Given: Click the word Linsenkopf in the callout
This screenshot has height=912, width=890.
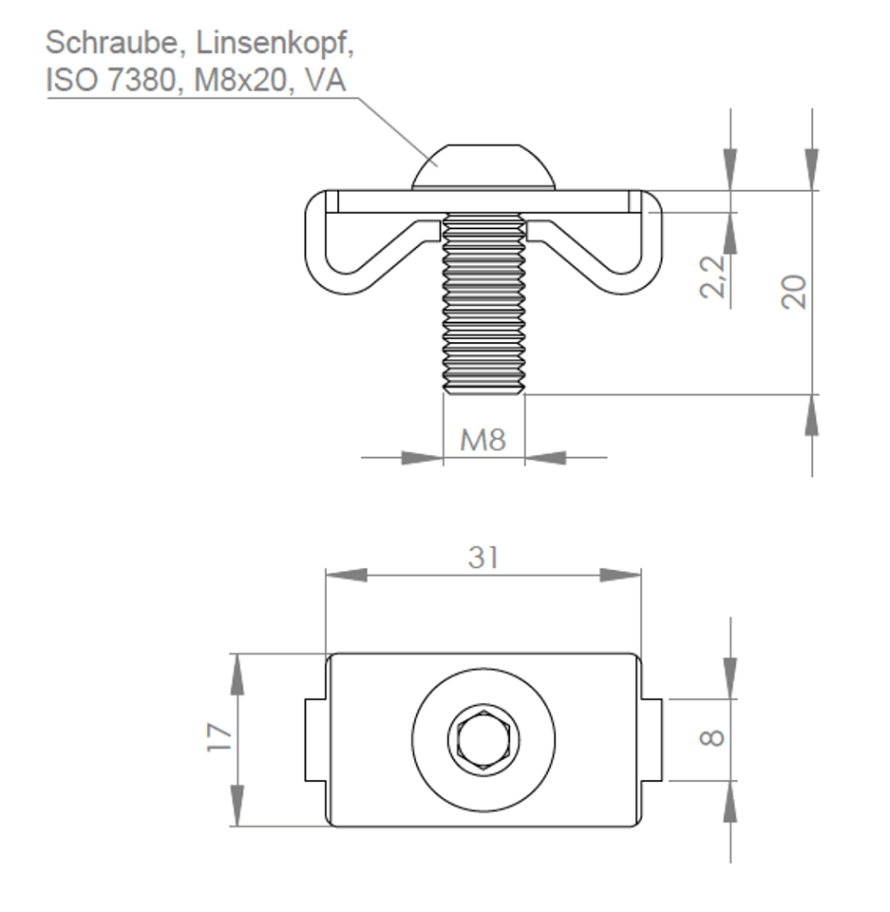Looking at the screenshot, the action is [274, 44].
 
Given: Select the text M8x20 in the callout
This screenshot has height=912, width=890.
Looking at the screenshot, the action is [239, 79].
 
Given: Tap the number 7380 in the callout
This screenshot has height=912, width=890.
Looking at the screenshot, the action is [142, 79].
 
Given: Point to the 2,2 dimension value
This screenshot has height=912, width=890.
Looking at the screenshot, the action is [713, 276].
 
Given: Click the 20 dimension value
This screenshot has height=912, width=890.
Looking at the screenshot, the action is [795, 292].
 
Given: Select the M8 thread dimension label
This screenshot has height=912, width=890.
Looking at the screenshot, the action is [483, 440].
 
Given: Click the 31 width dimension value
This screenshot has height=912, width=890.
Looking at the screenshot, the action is [483, 558].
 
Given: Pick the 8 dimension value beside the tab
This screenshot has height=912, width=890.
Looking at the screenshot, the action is [711, 739].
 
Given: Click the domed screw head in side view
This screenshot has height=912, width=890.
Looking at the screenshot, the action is [483, 167].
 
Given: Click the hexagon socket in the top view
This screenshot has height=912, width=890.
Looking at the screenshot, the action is [483, 740].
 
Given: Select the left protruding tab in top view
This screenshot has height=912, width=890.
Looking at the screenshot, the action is [315, 740].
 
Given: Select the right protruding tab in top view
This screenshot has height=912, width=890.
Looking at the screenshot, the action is [652, 740].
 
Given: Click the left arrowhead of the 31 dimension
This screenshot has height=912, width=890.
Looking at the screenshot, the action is [347, 576].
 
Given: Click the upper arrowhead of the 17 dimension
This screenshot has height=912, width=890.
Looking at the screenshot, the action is [237, 674].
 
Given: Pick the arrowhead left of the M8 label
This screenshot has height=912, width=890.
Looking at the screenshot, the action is [423, 458].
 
